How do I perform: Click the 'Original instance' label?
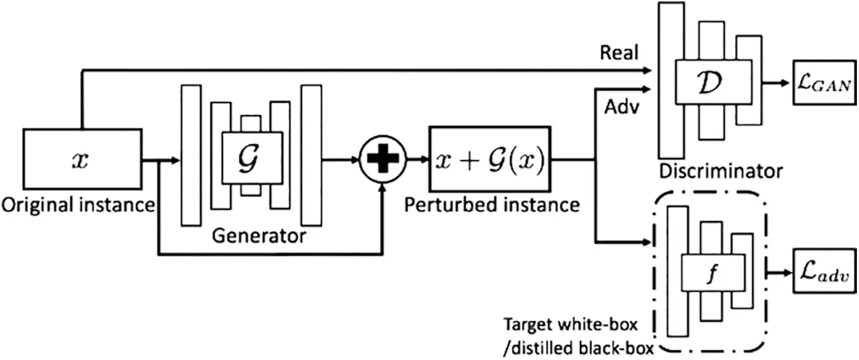pos(77,205)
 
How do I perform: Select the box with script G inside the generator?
pos(251,156)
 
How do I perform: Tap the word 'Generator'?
pos(259,237)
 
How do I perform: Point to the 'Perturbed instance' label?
pos(491,205)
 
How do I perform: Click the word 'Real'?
pos(619,52)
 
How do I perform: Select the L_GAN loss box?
pos(822,85)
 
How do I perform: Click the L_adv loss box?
pos(822,274)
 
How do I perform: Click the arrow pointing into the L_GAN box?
pos(778,85)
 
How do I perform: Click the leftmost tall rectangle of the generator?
pos(191,155)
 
